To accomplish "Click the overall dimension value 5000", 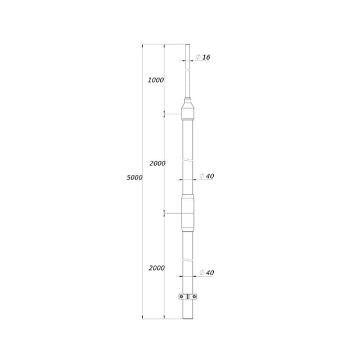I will [x=134, y=178].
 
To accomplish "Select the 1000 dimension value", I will [x=156, y=80].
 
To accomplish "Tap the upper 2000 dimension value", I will [x=157, y=164].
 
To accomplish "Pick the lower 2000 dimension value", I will [x=157, y=268].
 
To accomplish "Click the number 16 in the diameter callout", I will [x=206, y=57].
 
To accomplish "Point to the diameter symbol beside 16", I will [x=198, y=57].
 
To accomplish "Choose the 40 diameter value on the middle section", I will [x=210, y=176].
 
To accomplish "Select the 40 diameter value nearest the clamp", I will [x=210, y=273].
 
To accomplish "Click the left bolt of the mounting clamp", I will [x=182, y=297].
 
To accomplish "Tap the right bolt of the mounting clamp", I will [x=194, y=297].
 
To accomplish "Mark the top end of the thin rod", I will [x=188, y=45].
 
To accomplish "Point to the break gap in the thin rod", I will [x=188, y=70].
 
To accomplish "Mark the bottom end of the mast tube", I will [x=188, y=318].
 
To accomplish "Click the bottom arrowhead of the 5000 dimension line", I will [x=142, y=317].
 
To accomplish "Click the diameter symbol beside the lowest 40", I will [x=202, y=273].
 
